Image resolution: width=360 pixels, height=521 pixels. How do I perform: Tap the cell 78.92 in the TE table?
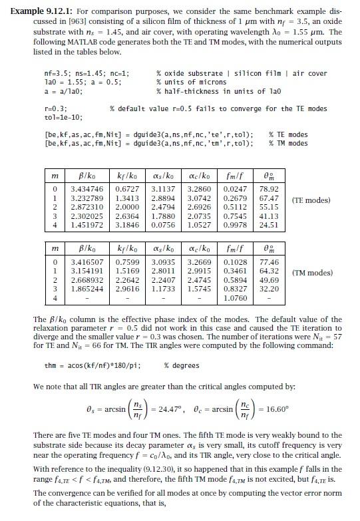coord(268,190)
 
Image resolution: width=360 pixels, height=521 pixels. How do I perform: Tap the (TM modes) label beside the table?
coord(310,272)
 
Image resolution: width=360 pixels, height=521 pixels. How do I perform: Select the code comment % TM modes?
coord(288,143)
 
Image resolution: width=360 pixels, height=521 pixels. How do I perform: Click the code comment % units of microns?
coord(189,82)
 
